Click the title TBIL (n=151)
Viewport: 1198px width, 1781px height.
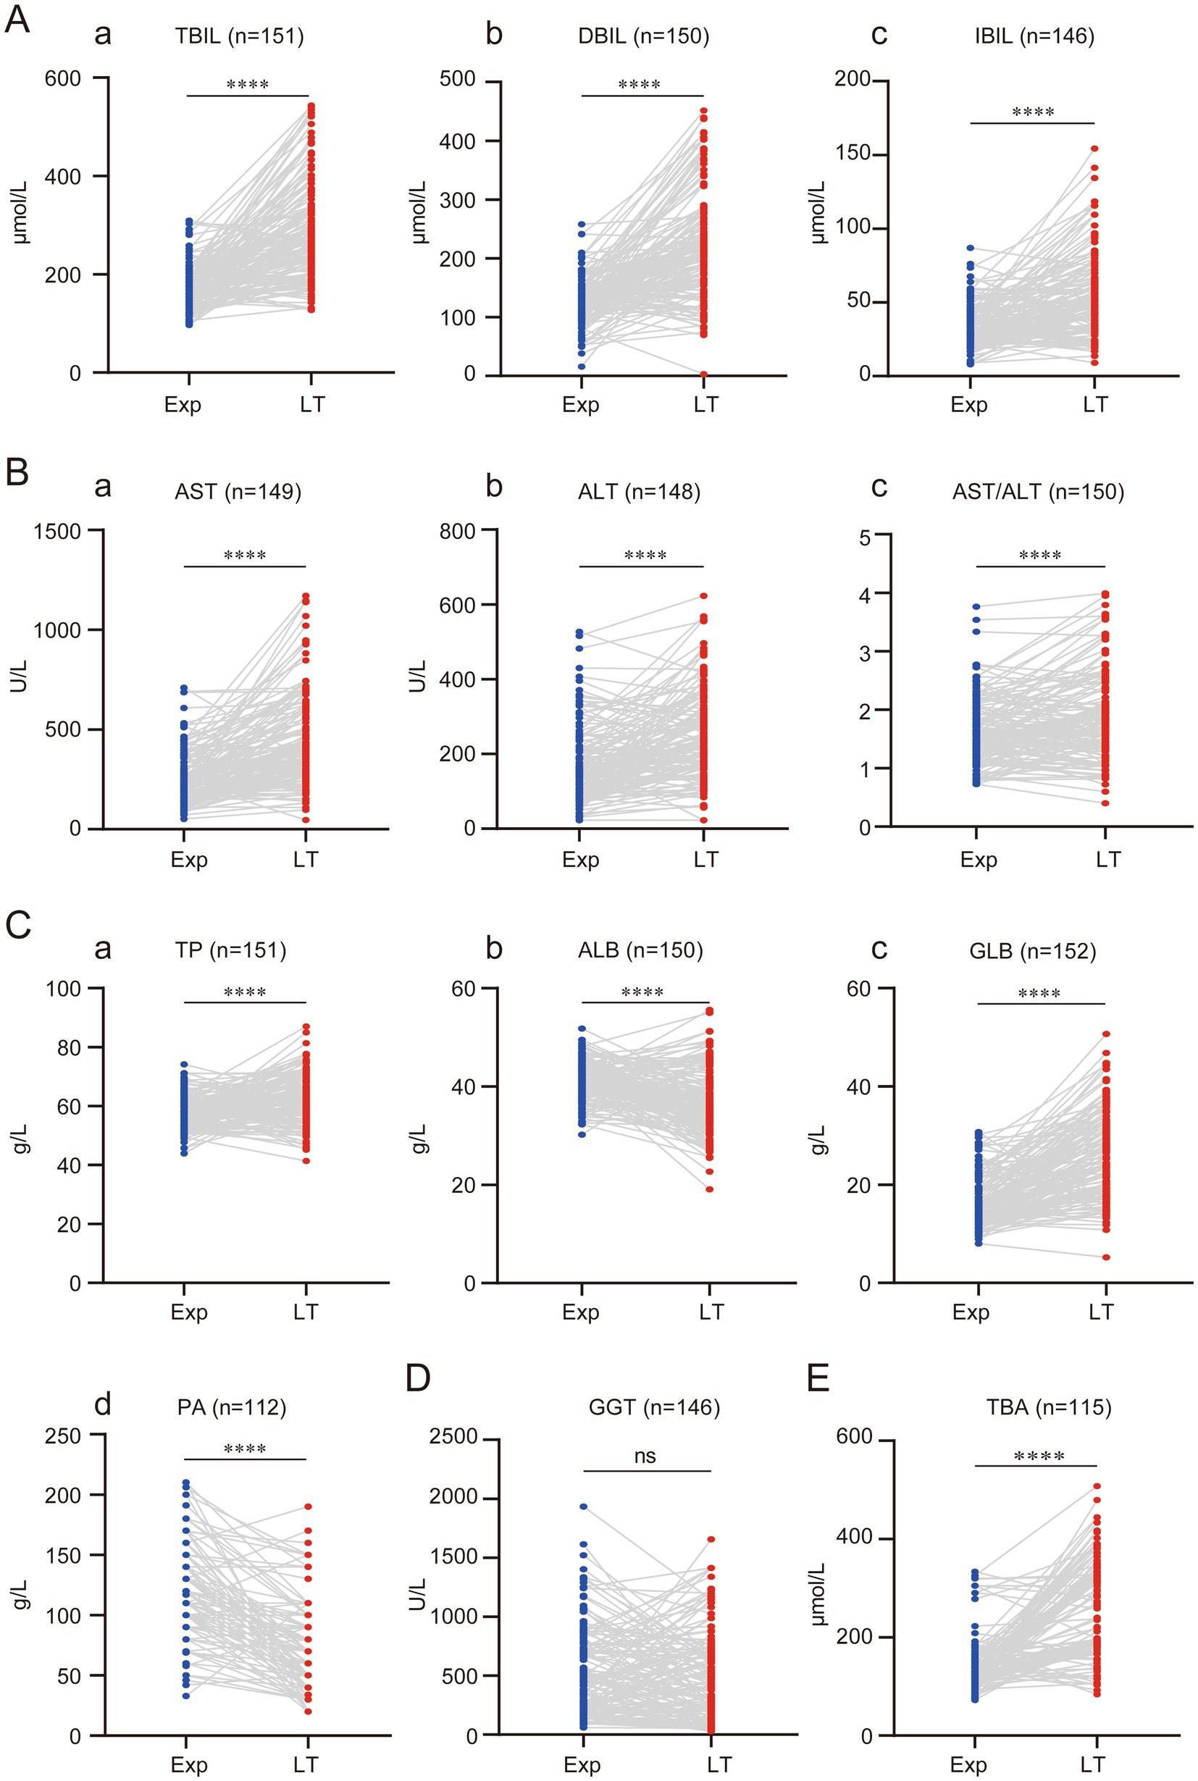tap(239, 36)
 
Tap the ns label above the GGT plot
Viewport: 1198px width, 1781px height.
tap(645, 1456)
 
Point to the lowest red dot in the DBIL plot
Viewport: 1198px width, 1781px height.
tap(704, 374)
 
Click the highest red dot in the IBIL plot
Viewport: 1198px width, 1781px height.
tap(1094, 149)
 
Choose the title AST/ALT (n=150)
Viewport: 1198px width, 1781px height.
tap(1037, 491)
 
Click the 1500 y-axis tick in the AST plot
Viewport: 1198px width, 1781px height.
tap(57, 530)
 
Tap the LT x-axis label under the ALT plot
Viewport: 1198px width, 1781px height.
tap(706, 860)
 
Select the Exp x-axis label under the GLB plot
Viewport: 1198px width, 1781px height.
tap(971, 1312)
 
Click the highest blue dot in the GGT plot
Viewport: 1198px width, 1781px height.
tap(584, 1506)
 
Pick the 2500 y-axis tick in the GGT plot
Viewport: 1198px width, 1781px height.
tap(453, 1437)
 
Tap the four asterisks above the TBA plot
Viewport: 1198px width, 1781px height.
tap(1039, 1457)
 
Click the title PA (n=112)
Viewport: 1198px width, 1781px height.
tap(232, 1407)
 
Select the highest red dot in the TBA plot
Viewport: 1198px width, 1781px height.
tap(1097, 1487)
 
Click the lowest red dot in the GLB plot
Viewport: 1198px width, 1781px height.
tap(1105, 1257)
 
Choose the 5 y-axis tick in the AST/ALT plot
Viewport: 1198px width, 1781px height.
tap(864, 538)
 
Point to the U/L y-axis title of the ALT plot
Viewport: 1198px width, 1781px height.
tap(417, 678)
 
